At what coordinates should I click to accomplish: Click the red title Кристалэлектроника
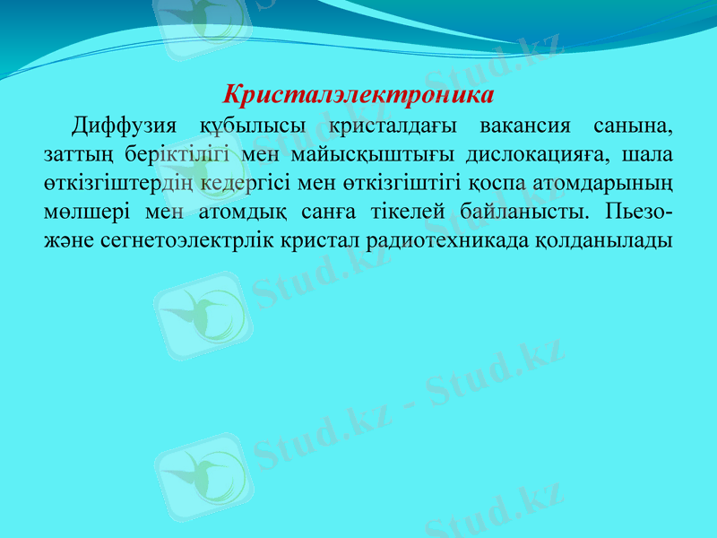click(x=358, y=93)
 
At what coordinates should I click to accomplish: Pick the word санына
click(x=635, y=124)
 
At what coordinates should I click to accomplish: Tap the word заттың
click(x=78, y=154)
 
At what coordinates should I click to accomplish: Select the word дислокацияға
click(x=530, y=154)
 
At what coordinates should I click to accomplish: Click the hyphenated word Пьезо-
click(x=641, y=213)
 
